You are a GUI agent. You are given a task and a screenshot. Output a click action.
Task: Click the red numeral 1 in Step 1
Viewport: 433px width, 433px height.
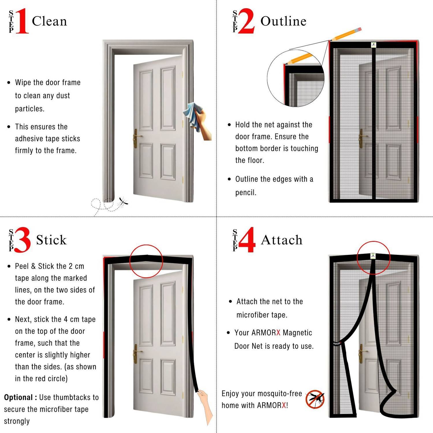(23, 21)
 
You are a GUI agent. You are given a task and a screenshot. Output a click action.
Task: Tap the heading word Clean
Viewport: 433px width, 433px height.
(49, 21)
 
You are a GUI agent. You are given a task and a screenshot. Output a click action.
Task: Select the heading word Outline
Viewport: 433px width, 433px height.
(283, 21)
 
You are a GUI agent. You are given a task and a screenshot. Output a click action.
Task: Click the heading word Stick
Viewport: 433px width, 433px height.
(51, 240)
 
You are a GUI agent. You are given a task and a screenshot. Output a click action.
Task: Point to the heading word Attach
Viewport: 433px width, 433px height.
(281, 240)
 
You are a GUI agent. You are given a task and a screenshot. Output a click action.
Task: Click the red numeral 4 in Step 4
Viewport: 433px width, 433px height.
(247, 240)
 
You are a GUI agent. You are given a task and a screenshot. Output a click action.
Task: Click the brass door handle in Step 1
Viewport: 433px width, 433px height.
(136, 138)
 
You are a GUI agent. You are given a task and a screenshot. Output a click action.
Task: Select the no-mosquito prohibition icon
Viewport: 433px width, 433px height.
(315, 399)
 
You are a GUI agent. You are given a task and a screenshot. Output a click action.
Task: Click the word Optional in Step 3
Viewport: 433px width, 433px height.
(18, 397)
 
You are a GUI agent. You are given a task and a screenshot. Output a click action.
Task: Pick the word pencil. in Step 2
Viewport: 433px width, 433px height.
(246, 193)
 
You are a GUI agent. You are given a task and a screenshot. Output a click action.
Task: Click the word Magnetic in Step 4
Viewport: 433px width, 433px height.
(297, 333)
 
